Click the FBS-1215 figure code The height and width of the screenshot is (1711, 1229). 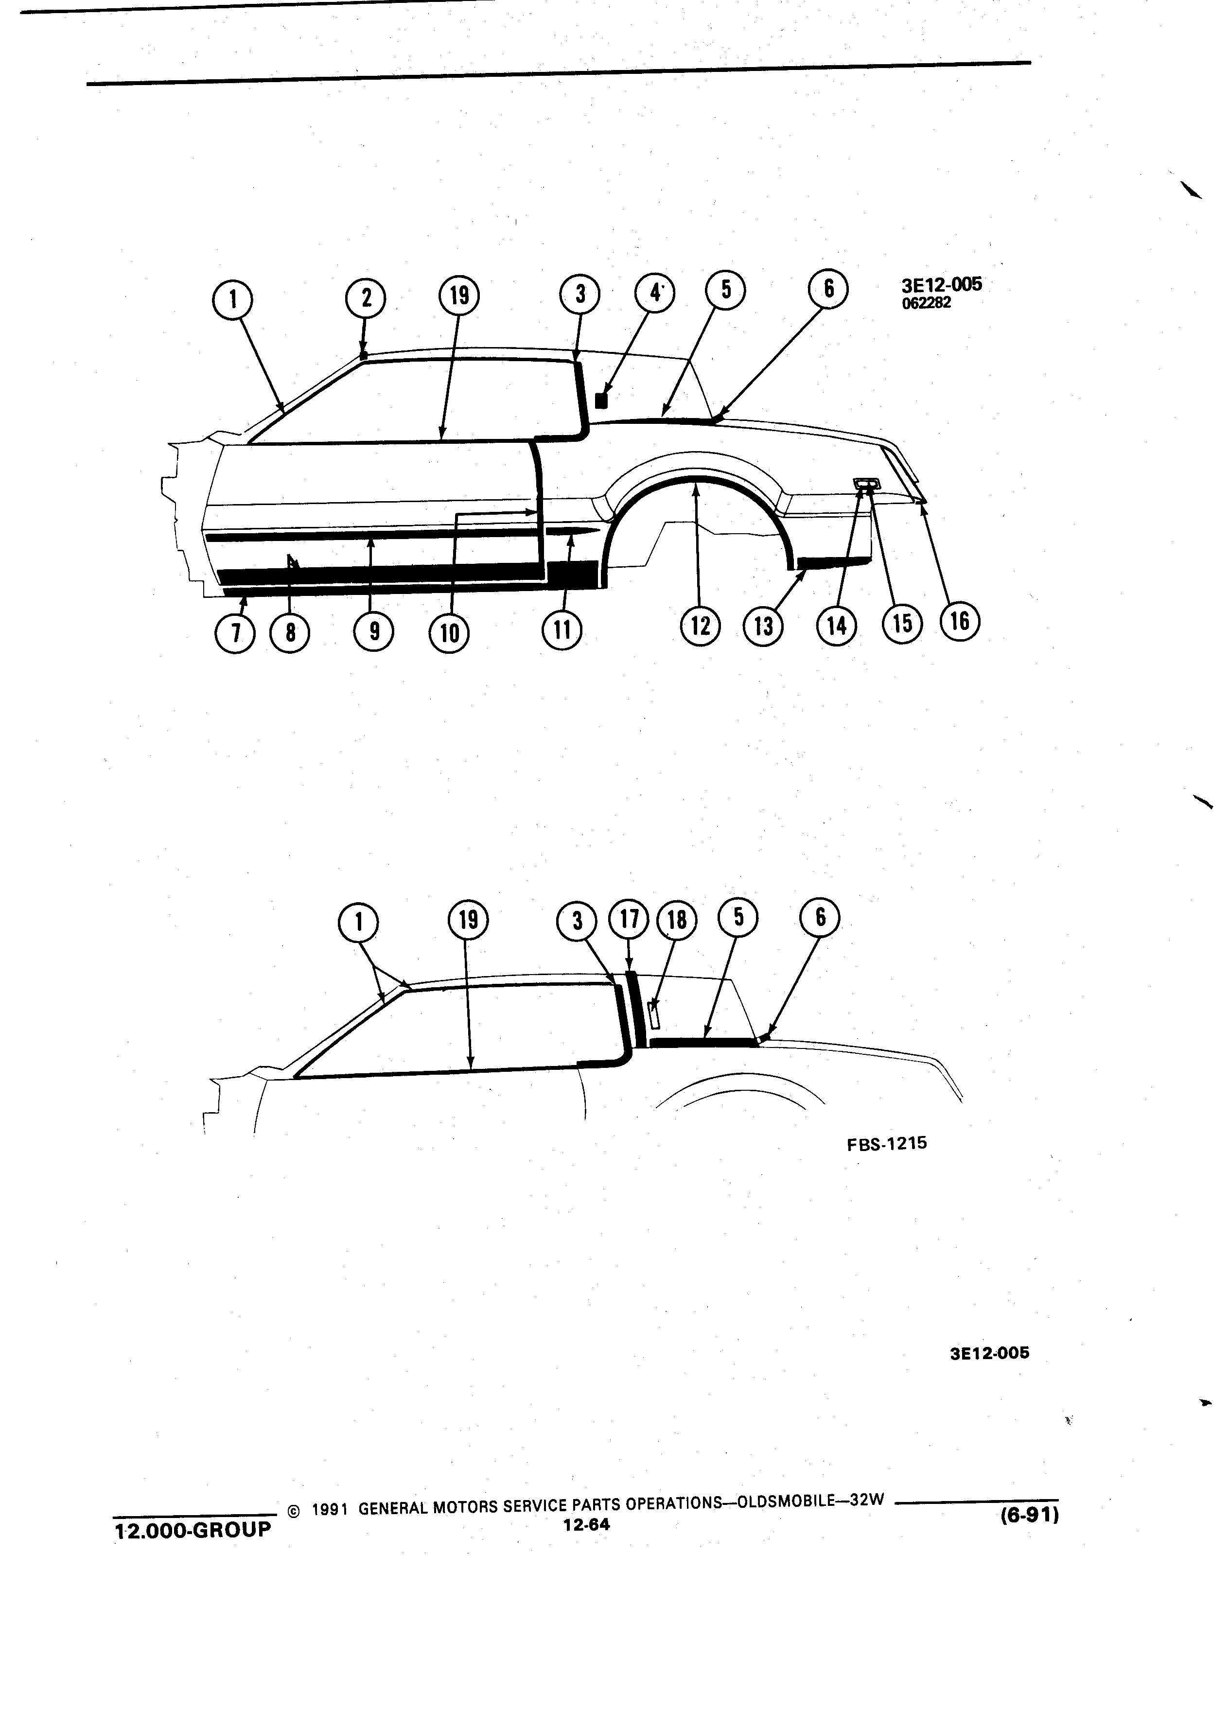[x=886, y=1143]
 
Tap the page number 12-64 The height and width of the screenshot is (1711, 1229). [x=586, y=1525]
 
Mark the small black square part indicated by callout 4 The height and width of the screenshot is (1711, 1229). [x=601, y=401]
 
